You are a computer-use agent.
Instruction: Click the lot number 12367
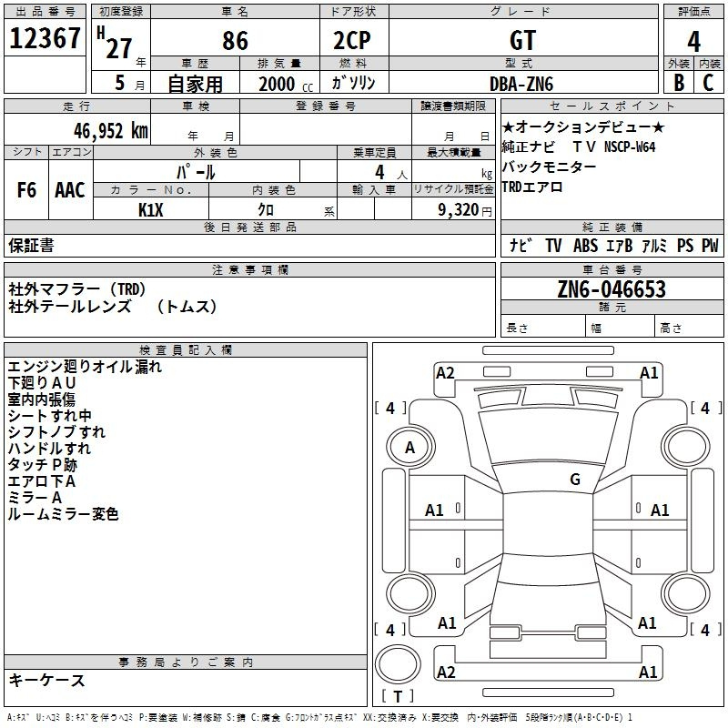click(45, 38)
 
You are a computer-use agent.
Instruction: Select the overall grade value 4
click(693, 42)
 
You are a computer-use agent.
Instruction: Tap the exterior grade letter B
click(679, 83)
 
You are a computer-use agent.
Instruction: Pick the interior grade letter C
click(708, 83)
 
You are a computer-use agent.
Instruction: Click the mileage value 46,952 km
click(111, 130)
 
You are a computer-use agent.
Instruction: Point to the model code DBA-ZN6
click(521, 84)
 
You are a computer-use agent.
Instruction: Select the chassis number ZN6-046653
click(612, 289)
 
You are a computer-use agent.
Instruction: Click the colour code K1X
click(151, 210)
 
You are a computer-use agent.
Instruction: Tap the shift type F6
click(26, 190)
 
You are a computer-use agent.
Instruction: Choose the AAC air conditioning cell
click(70, 190)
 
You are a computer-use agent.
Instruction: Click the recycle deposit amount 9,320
click(459, 210)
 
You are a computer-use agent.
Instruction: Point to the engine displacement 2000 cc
click(286, 84)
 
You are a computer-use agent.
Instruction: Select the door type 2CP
click(352, 40)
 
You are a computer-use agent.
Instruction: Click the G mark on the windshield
click(575, 480)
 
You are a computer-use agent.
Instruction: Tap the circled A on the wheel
click(410, 447)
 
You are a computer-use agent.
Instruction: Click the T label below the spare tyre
click(398, 696)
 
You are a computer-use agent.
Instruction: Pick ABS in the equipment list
click(585, 245)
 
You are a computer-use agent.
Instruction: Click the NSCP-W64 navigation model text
click(630, 147)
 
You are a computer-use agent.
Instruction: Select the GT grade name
click(522, 40)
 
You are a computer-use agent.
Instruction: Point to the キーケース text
click(47, 680)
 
